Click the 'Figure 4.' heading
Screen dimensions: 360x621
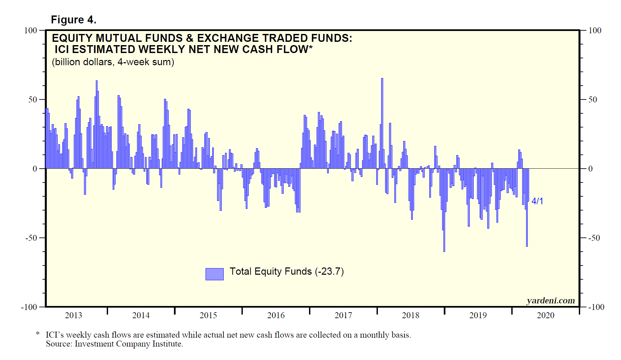[73, 20]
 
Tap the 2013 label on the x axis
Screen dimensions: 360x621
[73, 316]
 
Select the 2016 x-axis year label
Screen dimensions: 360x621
[276, 316]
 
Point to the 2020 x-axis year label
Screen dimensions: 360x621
[546, 316]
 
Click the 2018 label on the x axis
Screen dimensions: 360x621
[410, 316]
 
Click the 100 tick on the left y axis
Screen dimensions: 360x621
[31, 31]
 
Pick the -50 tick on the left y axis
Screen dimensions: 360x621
[31, 238]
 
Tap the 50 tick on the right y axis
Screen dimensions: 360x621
[592, 100]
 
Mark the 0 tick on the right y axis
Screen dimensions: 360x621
[590, 169]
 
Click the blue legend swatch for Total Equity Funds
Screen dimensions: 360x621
[214, 274]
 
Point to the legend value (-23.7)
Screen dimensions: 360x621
[329, 272]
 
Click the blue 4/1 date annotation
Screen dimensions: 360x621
[537, 201]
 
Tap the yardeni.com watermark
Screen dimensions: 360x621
[550, 300]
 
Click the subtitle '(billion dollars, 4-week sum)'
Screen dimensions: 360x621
[113, 62]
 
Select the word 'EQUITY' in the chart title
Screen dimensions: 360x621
[72, 38]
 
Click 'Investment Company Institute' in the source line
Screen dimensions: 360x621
[128, 344]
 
